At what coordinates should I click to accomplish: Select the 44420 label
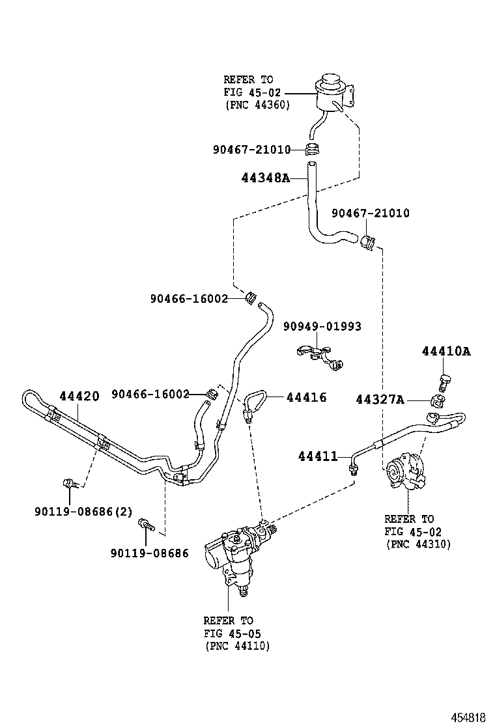[x=79, y=396]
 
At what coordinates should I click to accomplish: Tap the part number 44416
[x=306, y=397]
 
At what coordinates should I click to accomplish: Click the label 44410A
[x=445, y=352]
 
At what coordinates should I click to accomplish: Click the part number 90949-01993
[x=322, y=326]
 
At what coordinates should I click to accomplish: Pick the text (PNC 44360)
[x=257, y=104]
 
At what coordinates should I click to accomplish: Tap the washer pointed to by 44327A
[x=441, y=400]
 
